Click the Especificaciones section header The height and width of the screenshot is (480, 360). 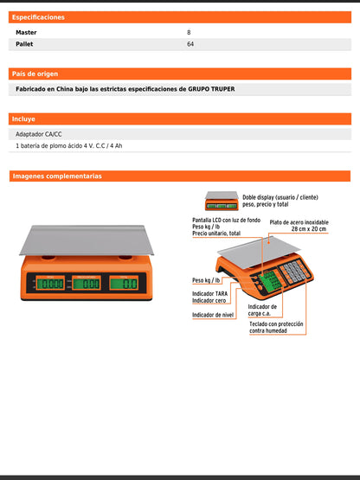coord(38,16)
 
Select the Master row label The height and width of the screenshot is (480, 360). coord(27,33)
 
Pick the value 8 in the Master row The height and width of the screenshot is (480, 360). coord(189,33)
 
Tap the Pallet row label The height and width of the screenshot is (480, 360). coord(26,43)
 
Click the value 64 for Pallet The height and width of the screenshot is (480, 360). coord(190,43)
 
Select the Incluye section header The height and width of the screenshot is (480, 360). coord(23,118)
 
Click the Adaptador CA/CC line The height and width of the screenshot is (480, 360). coord(40,135)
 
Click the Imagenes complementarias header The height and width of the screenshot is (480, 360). coord(57,176)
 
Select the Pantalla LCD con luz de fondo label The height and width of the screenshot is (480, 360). coord(227,221)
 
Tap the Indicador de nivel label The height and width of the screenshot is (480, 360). coord(215,316)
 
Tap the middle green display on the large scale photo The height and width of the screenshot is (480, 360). coord(87,283)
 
